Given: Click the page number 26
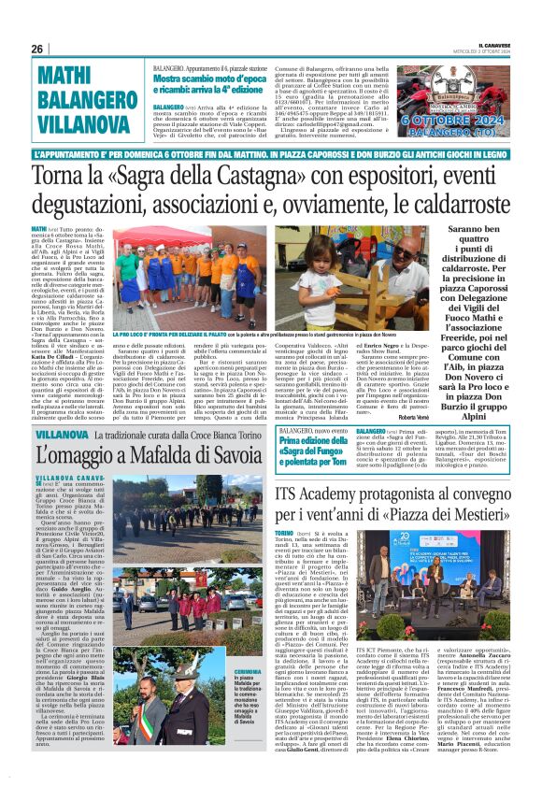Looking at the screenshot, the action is pos(36,50).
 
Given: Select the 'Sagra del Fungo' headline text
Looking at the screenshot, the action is pos(313,450).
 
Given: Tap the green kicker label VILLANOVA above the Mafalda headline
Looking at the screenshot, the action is pos(62,435).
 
